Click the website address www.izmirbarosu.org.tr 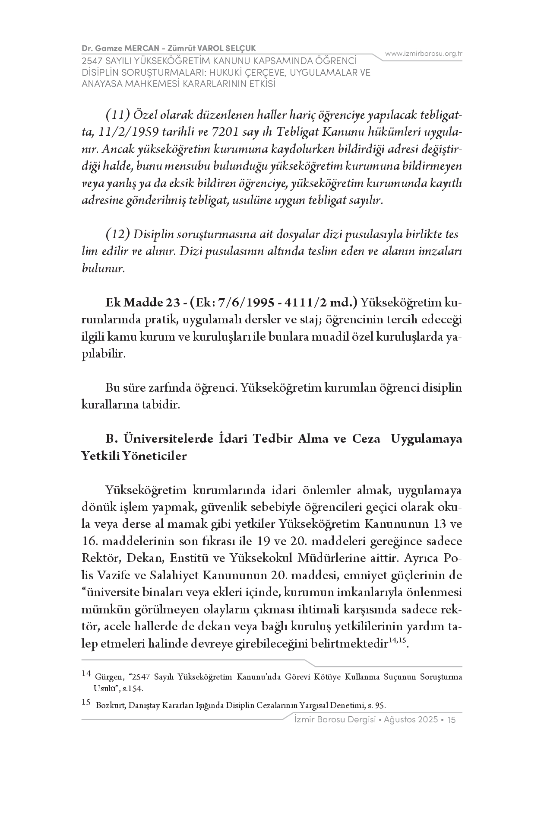pos(424,54)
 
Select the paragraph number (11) pos(118,115)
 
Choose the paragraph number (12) pos(118,234)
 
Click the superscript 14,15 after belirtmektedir pos(397,641)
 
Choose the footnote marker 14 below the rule pos(85,673)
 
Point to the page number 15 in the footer pos(452,720)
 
